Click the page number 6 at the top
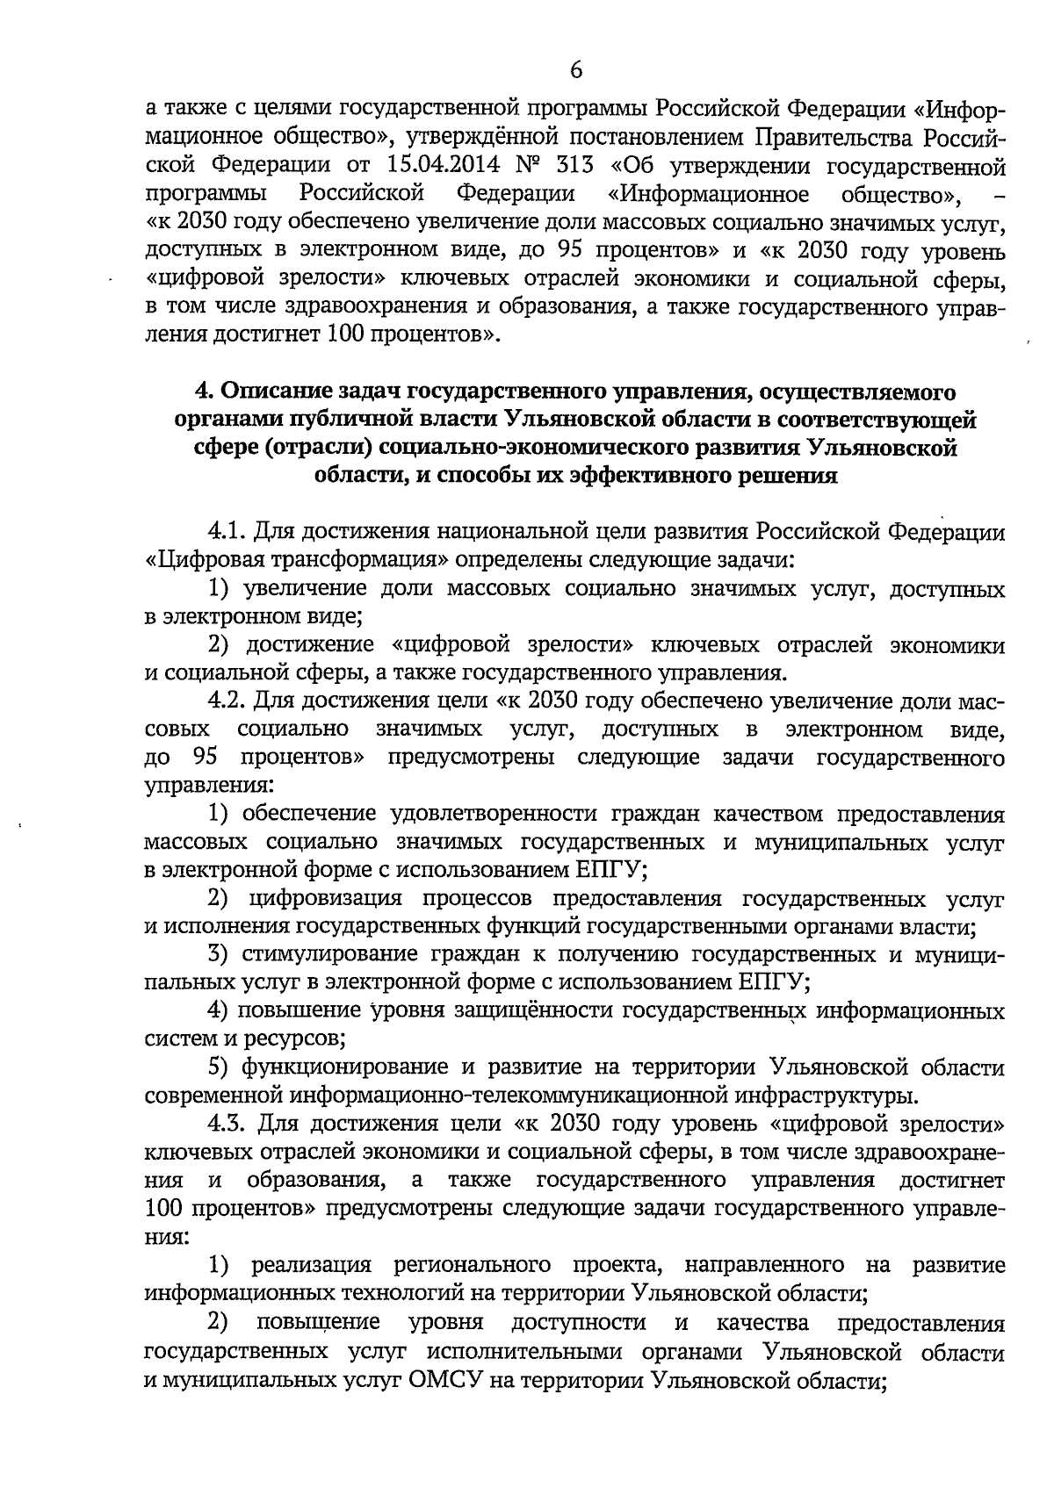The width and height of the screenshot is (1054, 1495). tap(576, 70)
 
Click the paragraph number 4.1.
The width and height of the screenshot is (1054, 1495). tap(227, 532)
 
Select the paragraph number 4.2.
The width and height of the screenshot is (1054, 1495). tap(227, 701)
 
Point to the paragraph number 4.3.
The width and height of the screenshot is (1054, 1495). tap(227, 1125)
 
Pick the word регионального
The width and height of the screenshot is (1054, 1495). tap(466, 1265)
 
